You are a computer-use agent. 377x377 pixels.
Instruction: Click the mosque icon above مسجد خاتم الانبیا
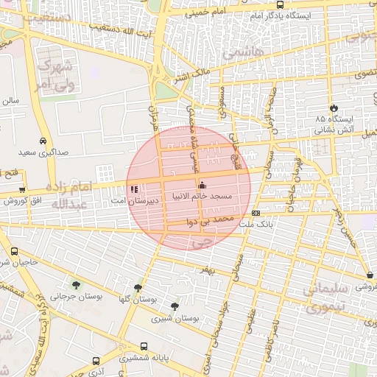pos(202,186)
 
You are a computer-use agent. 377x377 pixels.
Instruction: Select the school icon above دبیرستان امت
pos(133,188)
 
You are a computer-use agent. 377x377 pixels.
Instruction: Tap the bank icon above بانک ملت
pos(256,213)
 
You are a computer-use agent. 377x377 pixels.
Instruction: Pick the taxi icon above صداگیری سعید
pos(43,140)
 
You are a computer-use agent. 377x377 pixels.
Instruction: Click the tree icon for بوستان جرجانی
pos(76,283)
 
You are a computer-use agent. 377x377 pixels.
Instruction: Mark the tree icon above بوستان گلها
pos(138,288)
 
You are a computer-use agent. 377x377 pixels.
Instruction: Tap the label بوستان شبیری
pos(171,319)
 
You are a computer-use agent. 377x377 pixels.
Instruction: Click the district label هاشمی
pos(236,53)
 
